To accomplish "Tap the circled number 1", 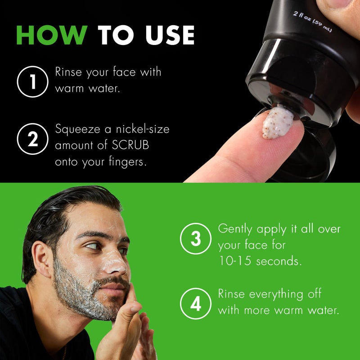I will tap(32, 81).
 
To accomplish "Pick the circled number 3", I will tap(195, 238).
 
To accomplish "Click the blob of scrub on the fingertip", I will tap(278, 121).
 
